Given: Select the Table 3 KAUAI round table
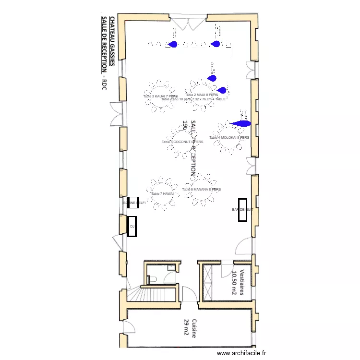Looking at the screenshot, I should coord(161,96).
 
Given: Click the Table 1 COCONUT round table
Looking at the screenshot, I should coord(182,142).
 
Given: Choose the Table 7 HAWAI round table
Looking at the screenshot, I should coord(162,194).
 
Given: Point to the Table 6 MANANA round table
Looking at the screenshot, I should coord(202,190).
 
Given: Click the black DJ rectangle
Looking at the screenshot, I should coord(132,226).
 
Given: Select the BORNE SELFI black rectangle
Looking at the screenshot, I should coord(133,203).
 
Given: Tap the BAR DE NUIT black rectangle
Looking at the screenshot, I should coord(243,210).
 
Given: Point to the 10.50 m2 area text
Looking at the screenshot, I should coord(234,282).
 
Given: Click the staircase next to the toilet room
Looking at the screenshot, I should coord(142,293).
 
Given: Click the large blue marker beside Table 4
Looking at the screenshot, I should coord(240,124).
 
